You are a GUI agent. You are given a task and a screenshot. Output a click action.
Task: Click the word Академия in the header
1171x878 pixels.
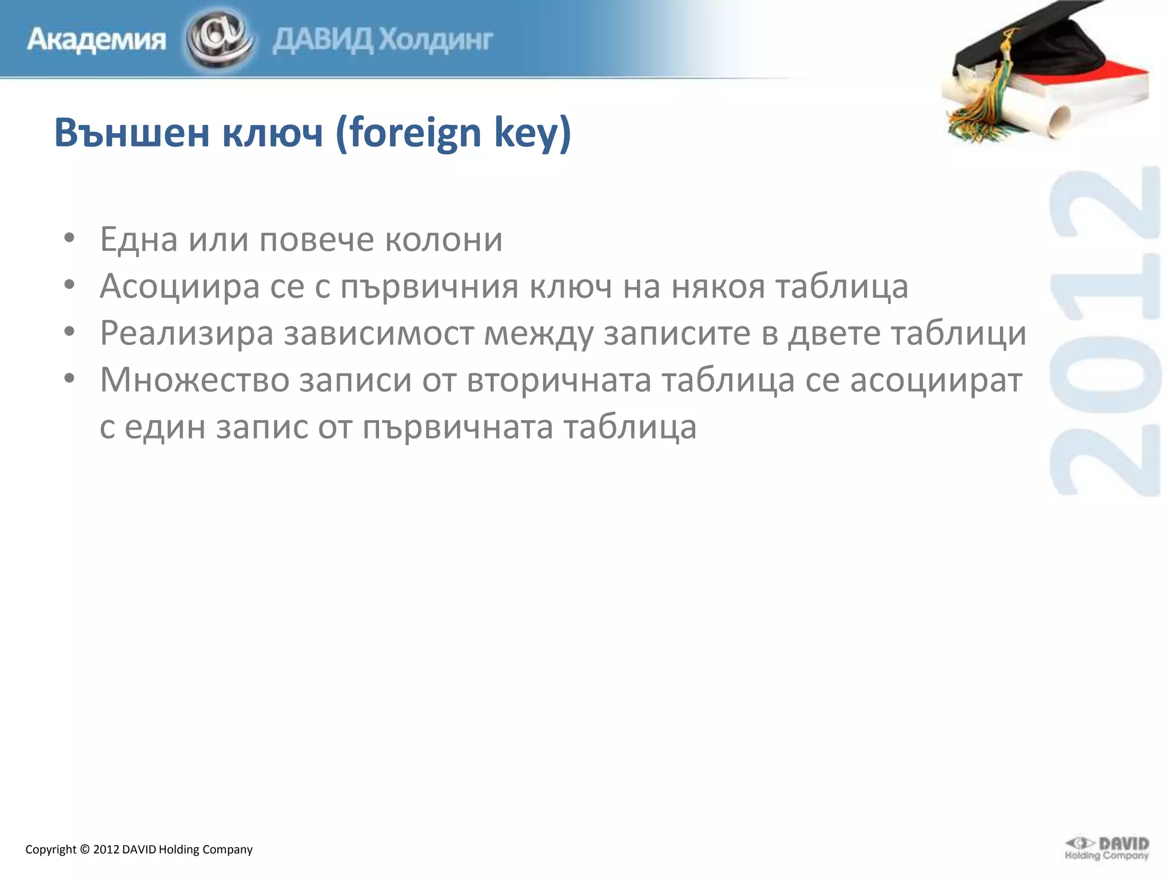coord(96,40)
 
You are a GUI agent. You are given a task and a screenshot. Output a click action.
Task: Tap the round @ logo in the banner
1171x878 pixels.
coord(220,39)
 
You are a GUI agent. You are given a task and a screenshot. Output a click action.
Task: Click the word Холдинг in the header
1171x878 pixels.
coord(436,40)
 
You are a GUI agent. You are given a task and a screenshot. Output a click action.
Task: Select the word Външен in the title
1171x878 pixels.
coord(132,133)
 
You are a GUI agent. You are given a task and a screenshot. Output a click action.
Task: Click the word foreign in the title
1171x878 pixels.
coord(416,134)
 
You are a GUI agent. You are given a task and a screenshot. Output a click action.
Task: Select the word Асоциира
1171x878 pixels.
coord(180,286)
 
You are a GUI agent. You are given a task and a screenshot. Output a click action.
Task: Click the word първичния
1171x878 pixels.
coord(429,287)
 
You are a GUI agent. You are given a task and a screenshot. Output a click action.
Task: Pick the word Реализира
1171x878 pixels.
coord(186,333)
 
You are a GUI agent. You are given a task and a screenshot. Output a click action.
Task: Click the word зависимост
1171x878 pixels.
coord(379,333)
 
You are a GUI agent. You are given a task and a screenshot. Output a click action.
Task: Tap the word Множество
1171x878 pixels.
coord(194,380)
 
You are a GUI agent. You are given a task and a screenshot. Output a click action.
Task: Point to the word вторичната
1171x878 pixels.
coord(559,380)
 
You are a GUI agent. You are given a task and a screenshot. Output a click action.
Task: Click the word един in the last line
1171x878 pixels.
coord(165,426)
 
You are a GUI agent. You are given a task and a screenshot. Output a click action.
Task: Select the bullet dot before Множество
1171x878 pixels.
coord(69,378)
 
